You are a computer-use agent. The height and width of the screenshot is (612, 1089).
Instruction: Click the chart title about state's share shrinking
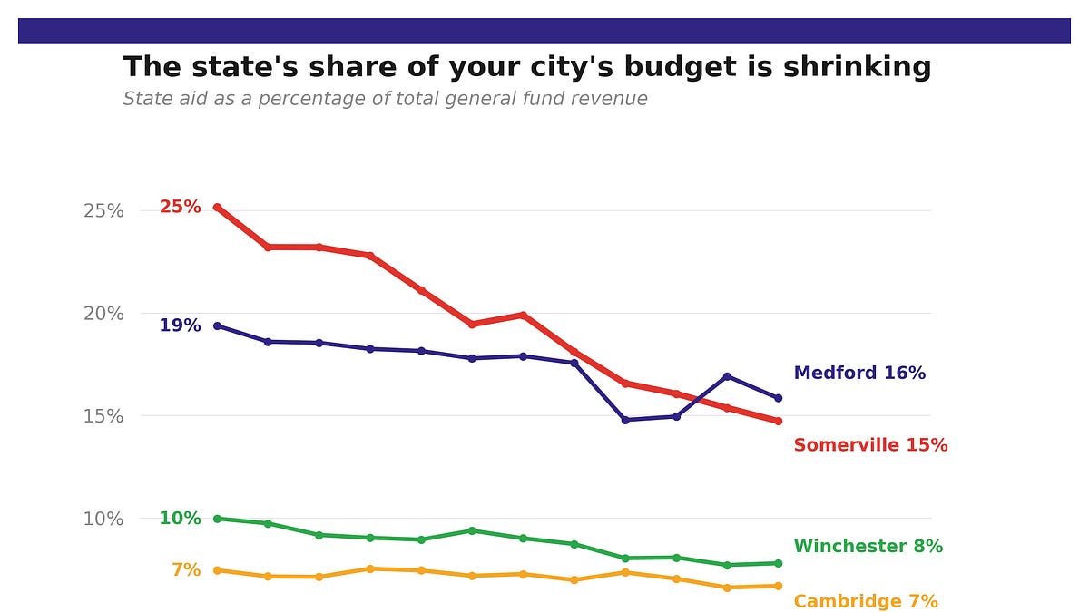pyautogui.click(x=527, y=67)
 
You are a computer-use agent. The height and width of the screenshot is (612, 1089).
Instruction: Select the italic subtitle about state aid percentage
pyautogui.click(x=386, y=99)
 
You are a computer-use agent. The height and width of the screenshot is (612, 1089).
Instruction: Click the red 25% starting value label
pyautogui.click(x=180, y=207)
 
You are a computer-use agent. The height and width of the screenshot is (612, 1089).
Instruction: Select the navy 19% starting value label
pyautogui.click(x=180, y=325)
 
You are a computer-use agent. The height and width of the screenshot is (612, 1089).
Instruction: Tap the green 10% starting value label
pyautogui.click(x=180, y=519)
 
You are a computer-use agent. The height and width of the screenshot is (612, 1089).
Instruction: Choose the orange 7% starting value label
pyautogui.click(x=186, y=570)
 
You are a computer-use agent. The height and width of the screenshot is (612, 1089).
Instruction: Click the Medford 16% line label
pyautogui.click(x=859, y=373)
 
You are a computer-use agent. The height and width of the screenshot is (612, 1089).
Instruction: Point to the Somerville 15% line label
pyautogui.click(x=870, y=445)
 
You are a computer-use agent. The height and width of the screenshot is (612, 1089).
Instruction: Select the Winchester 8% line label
pyautogui.click(x=868, y=547)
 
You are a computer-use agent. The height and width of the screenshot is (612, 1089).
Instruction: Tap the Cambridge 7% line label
pyautogui.click(x=866, y=601)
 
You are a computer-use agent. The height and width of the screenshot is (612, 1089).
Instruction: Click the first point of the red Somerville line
pyautogui.click(x=217, y=207)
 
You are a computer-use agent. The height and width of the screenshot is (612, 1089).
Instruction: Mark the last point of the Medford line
pyautogui.click(x=778, y=398)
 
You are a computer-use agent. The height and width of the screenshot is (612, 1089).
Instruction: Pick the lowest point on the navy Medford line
pyautogui.click(x=625, y=420)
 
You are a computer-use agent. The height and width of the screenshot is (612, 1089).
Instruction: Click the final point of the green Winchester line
pyautogui.click(x=778, y=563)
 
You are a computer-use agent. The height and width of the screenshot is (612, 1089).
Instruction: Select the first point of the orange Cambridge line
pyautogui.click(x=217, y=570)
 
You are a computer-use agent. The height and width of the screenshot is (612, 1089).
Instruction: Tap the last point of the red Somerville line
pyautogui.click(x=778, y=421)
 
